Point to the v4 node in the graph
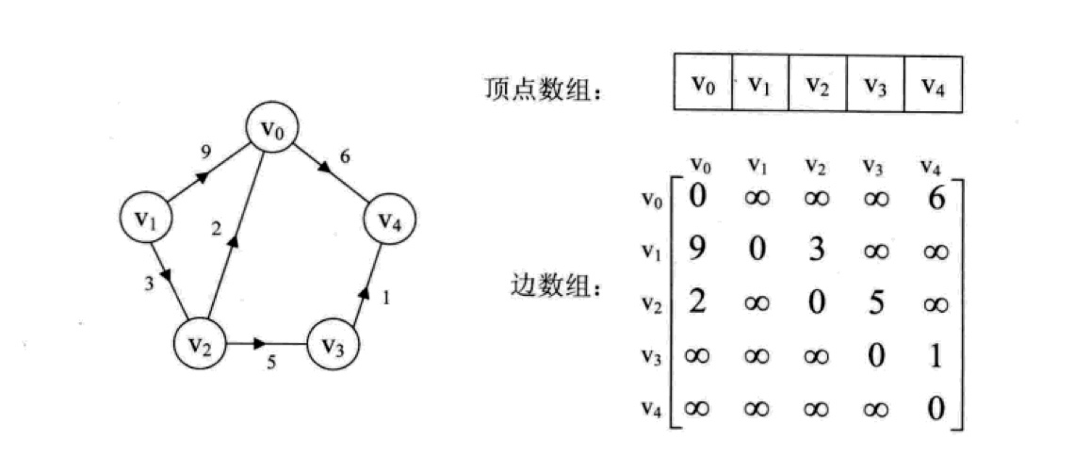(390, 220)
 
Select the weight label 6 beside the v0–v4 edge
(345, 157)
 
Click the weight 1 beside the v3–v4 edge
(385, 297)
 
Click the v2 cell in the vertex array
(817, 84)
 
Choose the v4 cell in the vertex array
(933, 84)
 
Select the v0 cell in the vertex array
(703, 84)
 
